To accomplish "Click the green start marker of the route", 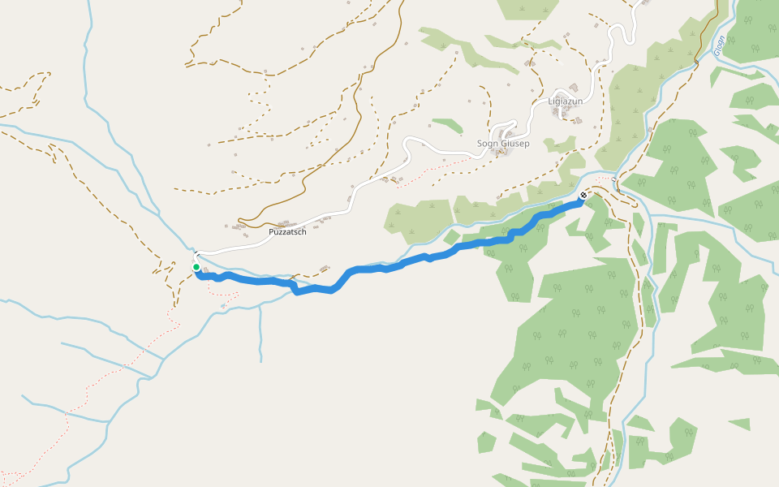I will (x=196, y=267).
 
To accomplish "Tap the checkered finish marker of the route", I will (x=583, y=196).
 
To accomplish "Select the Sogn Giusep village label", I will (x=503, y=144).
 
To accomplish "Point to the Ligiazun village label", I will (x=566, y=101).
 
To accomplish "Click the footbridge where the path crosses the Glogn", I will (x=695, y=62).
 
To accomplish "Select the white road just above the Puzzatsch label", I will (x=292, y=221).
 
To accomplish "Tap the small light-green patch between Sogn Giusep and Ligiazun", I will (x=560, y=144).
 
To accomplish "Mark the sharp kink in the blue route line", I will (x=293, y=288).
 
